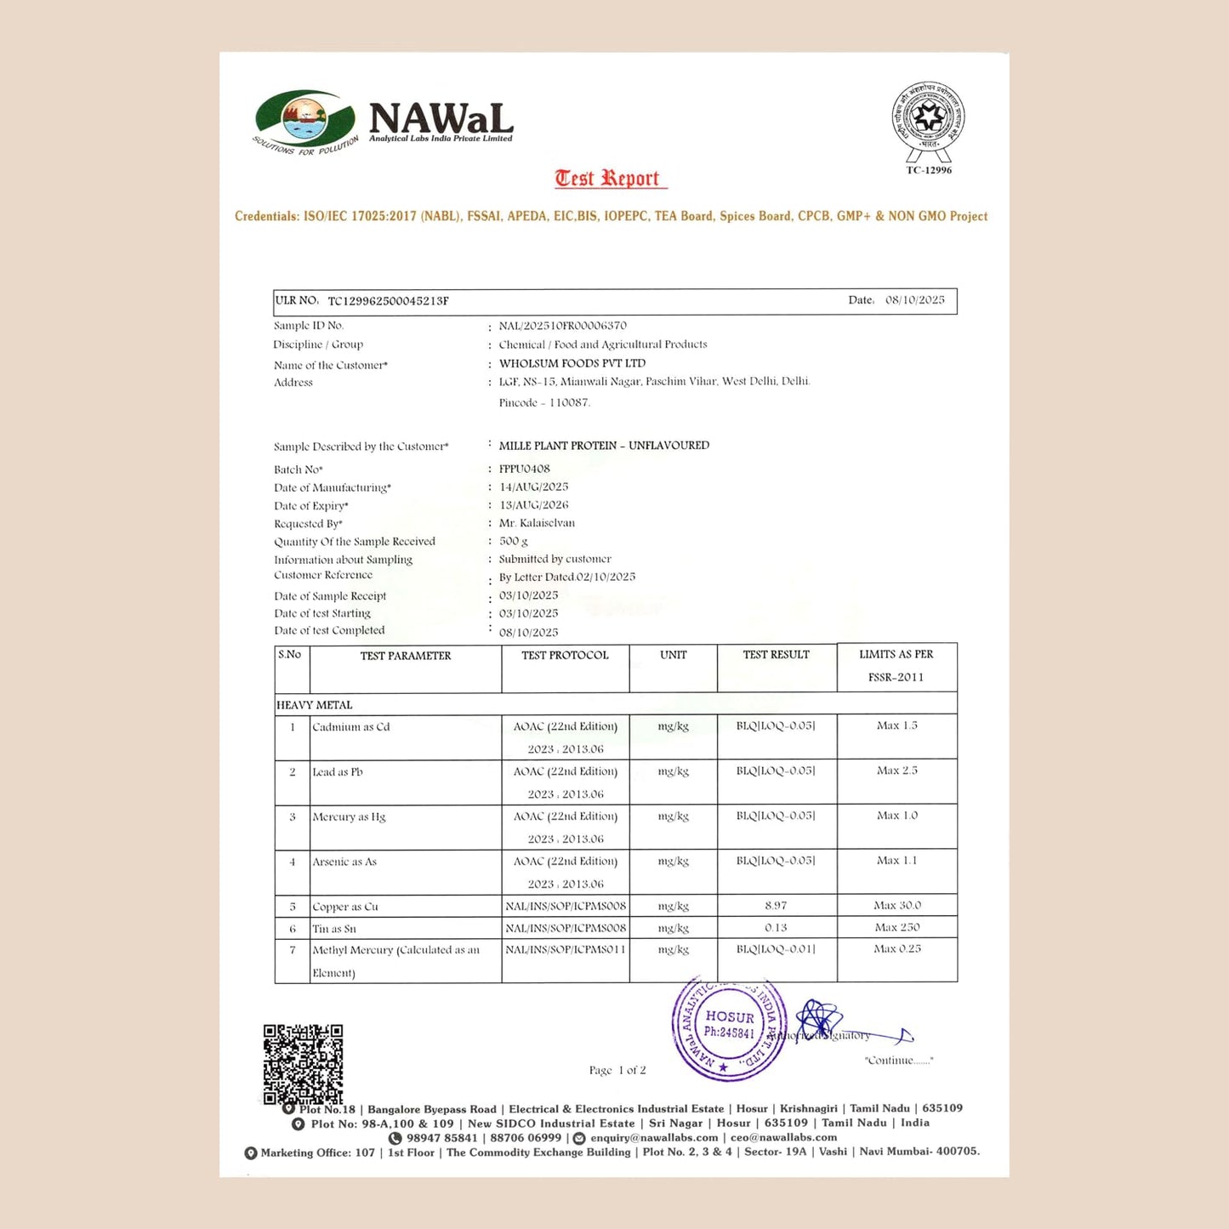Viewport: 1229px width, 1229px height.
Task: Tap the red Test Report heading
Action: (x=607, y=179)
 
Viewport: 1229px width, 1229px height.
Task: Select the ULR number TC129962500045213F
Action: (x=388, y=301)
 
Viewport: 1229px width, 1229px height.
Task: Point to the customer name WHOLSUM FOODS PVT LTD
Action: (x=572, y=363)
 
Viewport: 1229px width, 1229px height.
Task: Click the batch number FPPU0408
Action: (x=524, y=469)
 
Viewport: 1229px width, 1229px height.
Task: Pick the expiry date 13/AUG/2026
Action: (x=533, y=505)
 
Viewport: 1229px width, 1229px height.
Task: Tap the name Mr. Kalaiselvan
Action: (x=537, y=523)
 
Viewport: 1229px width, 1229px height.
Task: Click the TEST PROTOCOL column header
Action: (x=565, y=656)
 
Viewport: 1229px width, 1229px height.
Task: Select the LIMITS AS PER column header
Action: (x=896, y=655)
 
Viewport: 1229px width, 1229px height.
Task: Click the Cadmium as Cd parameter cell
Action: (x=350, y=727)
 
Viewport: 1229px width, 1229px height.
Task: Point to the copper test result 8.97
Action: (x=775, y=906)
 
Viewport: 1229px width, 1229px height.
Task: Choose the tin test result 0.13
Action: (x=775, y=928)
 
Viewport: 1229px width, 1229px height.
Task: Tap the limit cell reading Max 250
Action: (x=896, y=928)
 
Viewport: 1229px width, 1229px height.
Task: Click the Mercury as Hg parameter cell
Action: (x=349, y=817)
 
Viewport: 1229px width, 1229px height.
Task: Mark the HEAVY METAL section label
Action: (x=314, y=705)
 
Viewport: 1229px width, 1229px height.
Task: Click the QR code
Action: (x=303, y=1064)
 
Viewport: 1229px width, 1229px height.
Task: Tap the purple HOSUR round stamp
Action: (x=728, y=1029)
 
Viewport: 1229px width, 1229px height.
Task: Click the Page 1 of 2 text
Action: (x=617, y=1071)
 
